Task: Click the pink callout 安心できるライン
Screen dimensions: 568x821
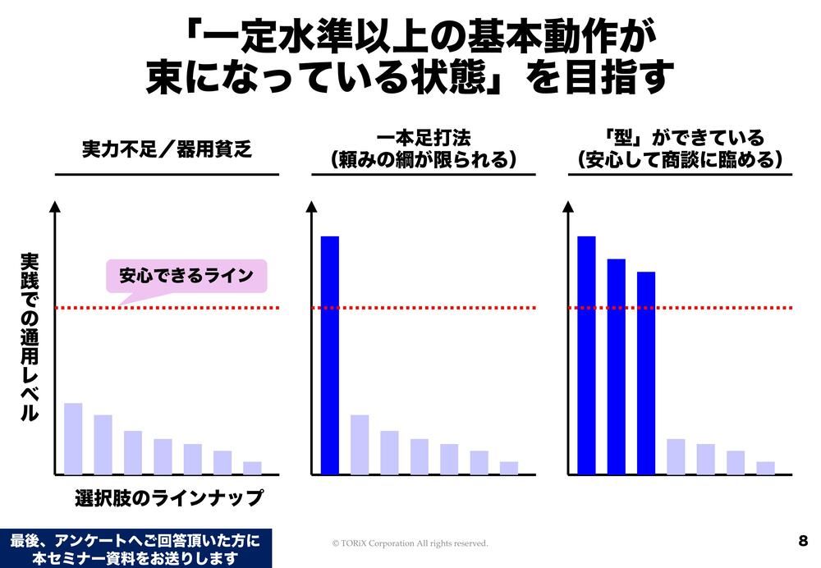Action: [186, 276]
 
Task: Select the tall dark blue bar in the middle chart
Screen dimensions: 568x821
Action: [329, 355]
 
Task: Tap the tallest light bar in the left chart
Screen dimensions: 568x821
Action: [73, 438]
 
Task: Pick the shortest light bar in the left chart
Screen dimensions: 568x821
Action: [252, 468]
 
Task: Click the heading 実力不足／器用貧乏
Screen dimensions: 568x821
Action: [167, 151]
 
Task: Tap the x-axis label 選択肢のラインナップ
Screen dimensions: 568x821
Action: [169, 497]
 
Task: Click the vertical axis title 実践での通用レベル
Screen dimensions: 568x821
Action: [29, 337]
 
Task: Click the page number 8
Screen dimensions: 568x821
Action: [802, 541]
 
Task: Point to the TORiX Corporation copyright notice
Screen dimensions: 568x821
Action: [410, 543]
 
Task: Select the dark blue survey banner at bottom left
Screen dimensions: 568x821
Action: [135, 548]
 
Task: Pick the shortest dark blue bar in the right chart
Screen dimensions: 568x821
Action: [646, 373]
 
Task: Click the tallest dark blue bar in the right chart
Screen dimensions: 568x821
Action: [586, 355]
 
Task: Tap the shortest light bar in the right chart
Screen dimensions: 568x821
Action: [765, 468]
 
